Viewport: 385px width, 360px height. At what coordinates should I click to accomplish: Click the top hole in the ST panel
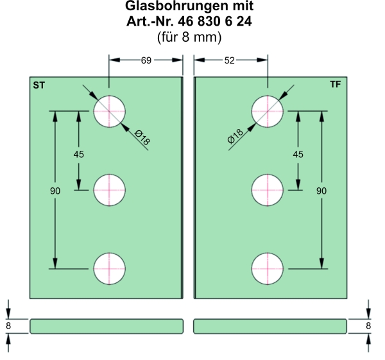click(110, 111)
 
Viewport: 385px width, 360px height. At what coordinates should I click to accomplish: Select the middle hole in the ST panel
click(110, 190)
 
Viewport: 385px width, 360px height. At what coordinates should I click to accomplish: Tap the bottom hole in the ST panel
click(110, 268)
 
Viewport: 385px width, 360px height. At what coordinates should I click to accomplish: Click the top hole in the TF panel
click(267, 111)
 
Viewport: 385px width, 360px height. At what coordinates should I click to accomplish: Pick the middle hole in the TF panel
click(267, 190)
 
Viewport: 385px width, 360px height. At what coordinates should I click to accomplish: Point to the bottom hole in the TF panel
click(267, 268)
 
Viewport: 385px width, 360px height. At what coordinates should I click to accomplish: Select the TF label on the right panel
click(336, 85)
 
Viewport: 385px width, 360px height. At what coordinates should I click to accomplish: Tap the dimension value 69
click(146, 60)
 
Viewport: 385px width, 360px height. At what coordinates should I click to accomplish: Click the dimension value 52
click(230, 60)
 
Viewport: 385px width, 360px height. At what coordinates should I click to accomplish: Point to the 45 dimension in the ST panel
click(79, 154)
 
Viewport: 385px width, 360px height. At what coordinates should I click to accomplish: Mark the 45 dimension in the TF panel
click(298, 154)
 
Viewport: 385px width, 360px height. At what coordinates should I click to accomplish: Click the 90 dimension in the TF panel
click(321, 191)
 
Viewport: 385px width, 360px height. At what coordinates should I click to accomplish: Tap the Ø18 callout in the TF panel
click(235, 136)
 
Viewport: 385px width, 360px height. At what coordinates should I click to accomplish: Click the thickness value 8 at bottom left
click(9, 326)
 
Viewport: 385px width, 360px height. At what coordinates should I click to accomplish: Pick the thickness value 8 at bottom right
click(368, 326)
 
